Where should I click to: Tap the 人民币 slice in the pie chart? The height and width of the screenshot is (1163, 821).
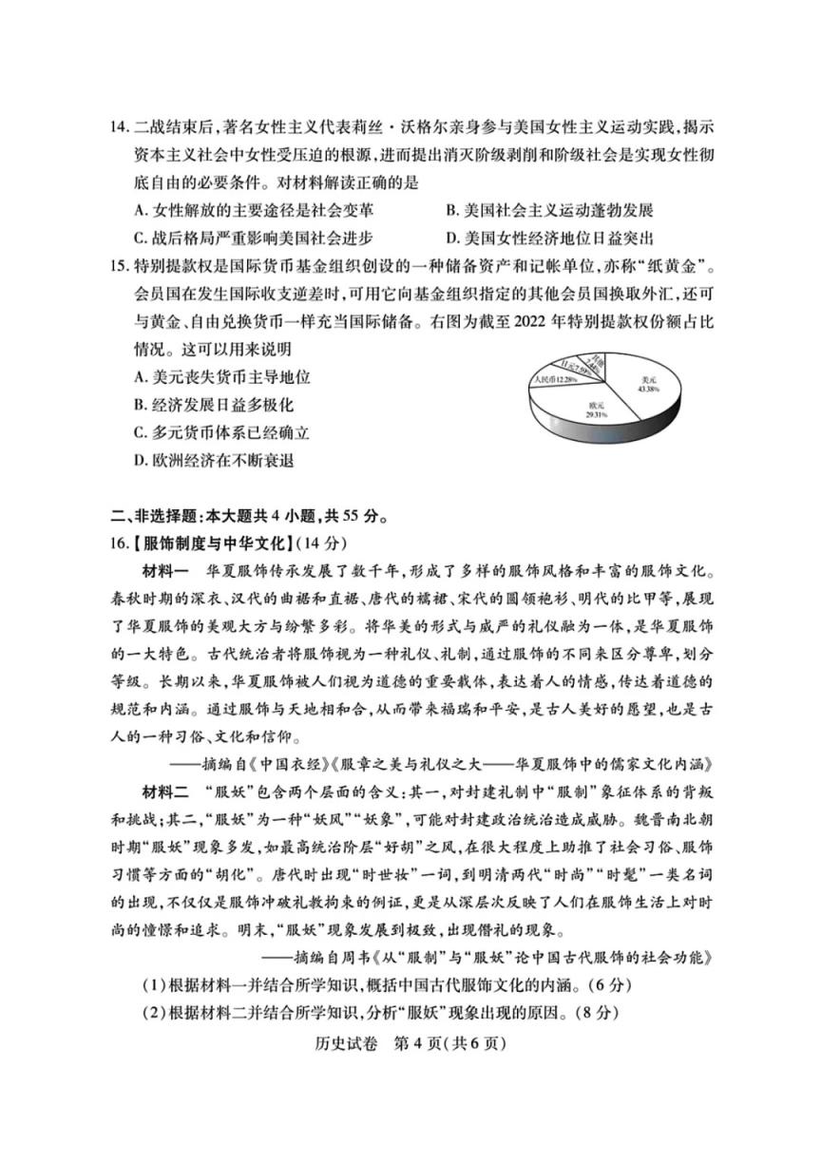point(556,379)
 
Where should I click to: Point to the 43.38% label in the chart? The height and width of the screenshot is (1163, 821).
point(649,390)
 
